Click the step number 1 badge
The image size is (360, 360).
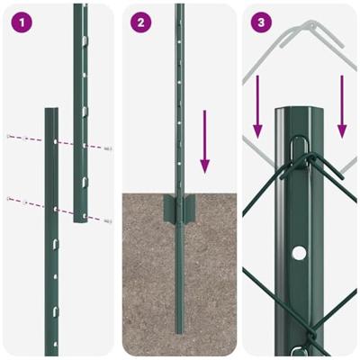20,22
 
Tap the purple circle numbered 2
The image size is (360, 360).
140,22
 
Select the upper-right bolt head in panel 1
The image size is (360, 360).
108,148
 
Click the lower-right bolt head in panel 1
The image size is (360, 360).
108,220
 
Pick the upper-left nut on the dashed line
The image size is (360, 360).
9,136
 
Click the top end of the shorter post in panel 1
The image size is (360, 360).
51,112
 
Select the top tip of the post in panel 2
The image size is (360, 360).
179,7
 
